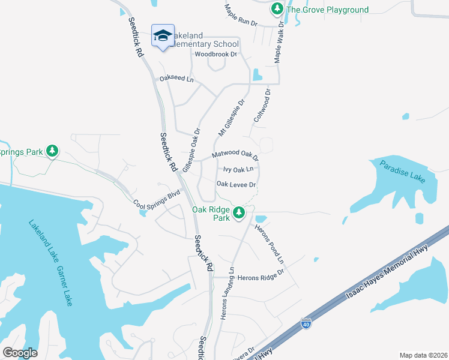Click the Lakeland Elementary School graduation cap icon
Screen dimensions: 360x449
163,35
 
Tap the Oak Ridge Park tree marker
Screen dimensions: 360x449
239,212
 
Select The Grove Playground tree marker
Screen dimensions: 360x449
277,8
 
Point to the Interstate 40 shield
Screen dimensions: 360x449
306,324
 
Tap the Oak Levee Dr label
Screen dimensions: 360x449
237,185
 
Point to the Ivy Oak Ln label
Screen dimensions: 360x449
238,170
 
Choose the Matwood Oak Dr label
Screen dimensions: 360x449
235,155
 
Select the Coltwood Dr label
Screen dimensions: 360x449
263,106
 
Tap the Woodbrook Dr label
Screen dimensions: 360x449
211,54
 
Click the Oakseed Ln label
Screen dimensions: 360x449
176,79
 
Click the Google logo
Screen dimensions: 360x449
20,353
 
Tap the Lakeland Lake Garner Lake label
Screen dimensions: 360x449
50,262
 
